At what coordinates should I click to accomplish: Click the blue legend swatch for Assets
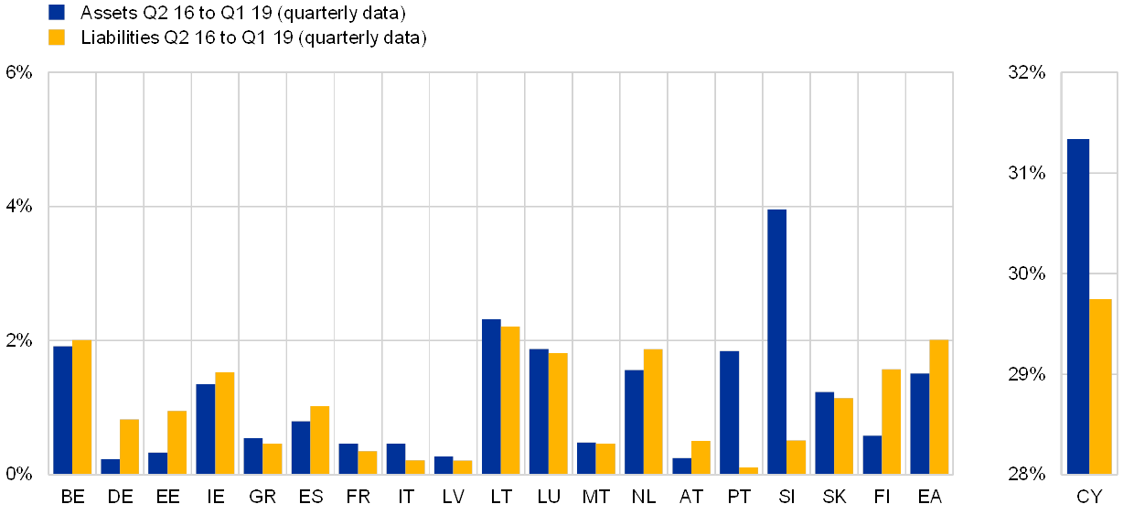tap(57, 13)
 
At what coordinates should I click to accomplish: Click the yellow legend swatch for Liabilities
tap(57, 38)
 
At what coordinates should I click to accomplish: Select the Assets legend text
tap(242, 13)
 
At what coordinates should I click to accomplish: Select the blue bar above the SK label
tap(824, 433)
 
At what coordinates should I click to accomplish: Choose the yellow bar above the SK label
tap(843, 435)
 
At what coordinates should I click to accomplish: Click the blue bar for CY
tap(1077, 306)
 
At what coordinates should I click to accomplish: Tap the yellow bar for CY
tap(1100, 386)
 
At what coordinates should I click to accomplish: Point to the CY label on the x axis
tap(1089, 498)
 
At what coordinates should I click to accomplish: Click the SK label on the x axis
tap(834, 498)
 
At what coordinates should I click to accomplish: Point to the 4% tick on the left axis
tap(19, 207)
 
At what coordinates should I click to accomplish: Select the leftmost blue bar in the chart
tap(62, 410)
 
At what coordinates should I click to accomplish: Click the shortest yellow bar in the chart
tap(748, 470)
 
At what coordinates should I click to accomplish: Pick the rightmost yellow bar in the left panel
tap(938, 406)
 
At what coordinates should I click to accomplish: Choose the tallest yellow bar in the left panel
tap(510, 400)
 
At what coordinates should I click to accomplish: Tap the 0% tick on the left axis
tap(19, 474)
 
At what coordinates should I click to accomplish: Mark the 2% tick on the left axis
tap(19, 340)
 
